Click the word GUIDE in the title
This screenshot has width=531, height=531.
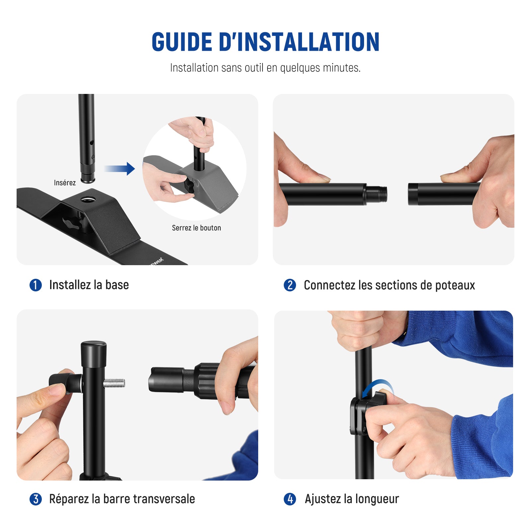182,42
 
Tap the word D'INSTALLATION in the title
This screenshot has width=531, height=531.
299,42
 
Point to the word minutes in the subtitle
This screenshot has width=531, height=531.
342,68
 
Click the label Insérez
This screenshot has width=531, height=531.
65,183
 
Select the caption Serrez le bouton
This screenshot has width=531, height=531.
196,228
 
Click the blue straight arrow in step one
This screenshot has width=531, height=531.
119,169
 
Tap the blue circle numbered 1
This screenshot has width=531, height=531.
36,285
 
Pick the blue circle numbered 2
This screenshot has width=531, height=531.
290,285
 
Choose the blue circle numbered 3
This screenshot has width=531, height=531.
36,499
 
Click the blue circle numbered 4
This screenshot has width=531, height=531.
290,499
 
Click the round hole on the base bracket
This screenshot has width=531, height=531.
88,199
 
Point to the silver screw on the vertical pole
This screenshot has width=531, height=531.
114,383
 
